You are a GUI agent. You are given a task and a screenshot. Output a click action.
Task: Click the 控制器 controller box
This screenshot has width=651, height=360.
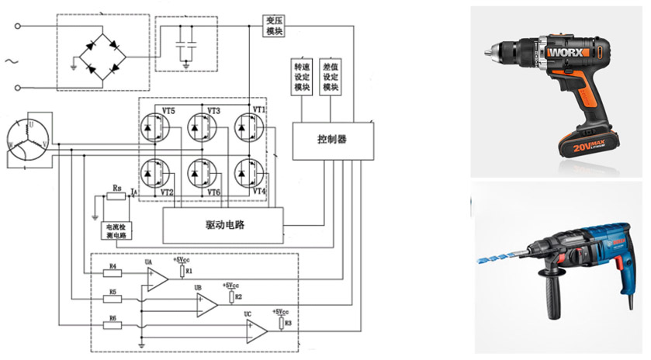(332, 140)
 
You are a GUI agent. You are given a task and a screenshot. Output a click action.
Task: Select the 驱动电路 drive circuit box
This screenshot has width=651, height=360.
(222, 224)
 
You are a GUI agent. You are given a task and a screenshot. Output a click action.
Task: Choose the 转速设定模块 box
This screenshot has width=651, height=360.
(301, 77)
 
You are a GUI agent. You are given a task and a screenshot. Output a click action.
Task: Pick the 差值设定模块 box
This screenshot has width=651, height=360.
(331, 77)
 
